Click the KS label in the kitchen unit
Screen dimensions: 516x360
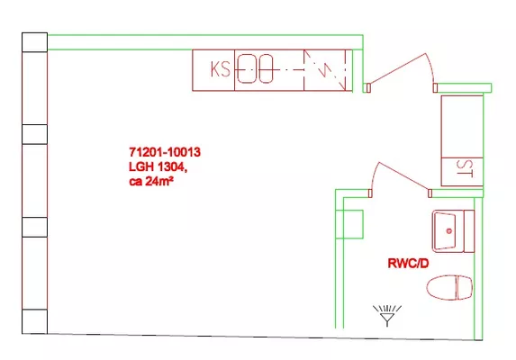(220, 69)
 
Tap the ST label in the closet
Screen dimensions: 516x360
(465, 168)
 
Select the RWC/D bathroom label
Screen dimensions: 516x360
(409, 264)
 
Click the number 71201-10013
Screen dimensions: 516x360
(165, 152)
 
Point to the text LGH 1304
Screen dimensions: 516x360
(158, 167)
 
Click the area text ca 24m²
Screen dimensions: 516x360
(151, 182)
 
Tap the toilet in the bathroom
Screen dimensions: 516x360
(449, 288)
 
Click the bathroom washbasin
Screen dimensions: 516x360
(453, 231)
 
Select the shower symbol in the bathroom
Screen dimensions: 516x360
(387, 315)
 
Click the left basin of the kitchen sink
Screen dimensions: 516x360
(247, 68)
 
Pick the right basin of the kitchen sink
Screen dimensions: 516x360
(266, 68)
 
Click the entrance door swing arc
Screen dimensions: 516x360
(430, 67)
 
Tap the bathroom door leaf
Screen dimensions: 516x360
(404, 176)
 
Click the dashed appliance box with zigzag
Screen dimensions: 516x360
(324, 70)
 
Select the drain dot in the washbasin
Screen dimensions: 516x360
(448, 231)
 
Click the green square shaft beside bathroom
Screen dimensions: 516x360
(349, 224)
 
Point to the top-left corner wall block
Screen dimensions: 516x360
(34, 42)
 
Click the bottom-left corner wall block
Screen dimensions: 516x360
(34, 321)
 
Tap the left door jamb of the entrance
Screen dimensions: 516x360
(368, 88)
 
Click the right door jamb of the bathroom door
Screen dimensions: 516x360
(430, 193)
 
